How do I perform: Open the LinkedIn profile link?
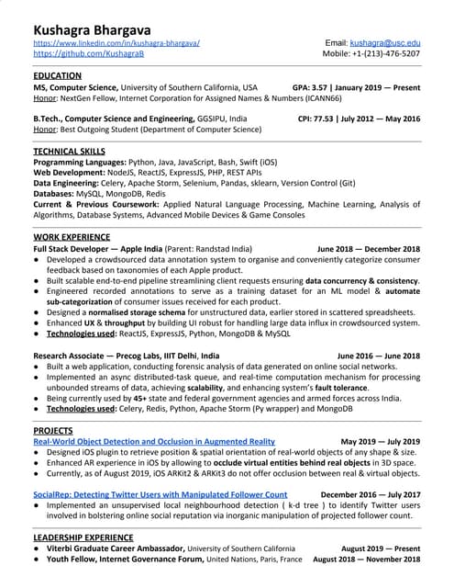pyautogui.click(x=117, y=43)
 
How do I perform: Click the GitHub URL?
pyautogui.click(x=89, y=54)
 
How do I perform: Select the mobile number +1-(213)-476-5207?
pyautogui.click(x=387, y=54)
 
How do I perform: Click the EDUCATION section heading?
pyautogui.click(x=62, y=76)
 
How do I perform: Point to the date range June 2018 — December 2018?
pyautogui.click(x=368, y=249)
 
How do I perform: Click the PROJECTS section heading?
pyautogui.click(x=54, y=430)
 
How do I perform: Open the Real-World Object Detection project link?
pyautogui.click(x=154, y=442)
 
